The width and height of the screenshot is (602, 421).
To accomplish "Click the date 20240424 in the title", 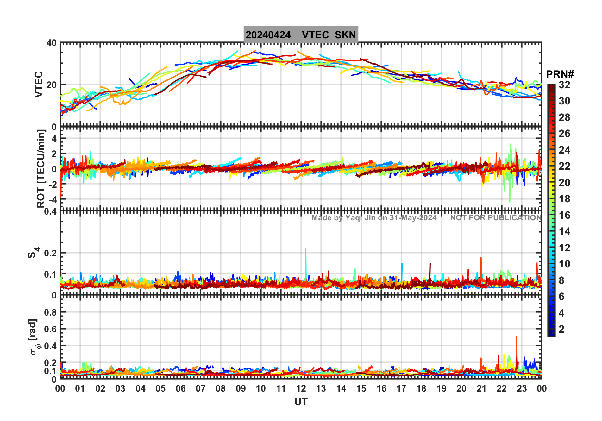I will point(268,35).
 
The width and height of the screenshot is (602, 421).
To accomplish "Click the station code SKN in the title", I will point(345,35).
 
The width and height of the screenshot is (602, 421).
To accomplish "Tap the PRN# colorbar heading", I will point(560,74).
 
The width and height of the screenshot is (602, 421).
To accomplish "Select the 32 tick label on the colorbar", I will point(564,85).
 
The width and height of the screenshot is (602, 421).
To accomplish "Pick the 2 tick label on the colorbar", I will point(561,329).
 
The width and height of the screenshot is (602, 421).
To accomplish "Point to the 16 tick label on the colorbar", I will point(564,215).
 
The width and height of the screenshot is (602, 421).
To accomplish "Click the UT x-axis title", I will point(301,402).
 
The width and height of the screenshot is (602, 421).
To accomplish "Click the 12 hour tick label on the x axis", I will point(301,388).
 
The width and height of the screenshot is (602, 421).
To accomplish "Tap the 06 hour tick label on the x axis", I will point(181,388).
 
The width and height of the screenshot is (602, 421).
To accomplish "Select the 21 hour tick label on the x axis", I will point(481,388).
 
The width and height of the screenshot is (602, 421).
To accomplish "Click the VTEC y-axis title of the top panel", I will point(39,84).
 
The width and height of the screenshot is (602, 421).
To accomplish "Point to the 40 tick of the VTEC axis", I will point(52,43).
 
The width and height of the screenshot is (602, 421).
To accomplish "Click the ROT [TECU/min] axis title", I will point(41,168).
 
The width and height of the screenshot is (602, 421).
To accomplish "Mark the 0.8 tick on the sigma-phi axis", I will point(50,312).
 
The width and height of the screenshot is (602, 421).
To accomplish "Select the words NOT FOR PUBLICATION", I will point(496,218).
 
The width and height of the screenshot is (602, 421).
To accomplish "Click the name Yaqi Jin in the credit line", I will point(360,218).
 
